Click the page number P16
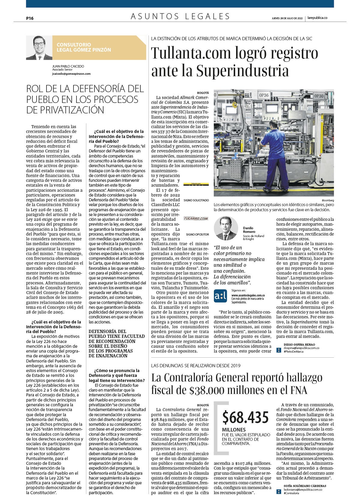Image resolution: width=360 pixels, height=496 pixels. (x=30, y=18)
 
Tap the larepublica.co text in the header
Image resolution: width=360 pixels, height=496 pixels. (x=317, y=18)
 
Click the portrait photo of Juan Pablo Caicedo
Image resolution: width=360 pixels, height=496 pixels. (x=39, y=48)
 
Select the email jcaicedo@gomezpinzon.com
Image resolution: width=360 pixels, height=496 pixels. (x=71, y=74)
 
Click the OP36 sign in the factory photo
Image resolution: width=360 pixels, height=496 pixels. (x=264, y=95)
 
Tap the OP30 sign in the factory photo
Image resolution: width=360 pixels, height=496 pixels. (x=319, y=96)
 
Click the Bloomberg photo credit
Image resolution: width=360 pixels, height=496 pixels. (x=328, y=200)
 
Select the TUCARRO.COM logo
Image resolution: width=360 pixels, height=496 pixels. (x=196, y=218)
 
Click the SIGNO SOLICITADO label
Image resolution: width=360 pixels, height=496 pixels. (x=196, y=200)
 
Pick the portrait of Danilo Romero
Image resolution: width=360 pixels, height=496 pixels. (x=226, y=228)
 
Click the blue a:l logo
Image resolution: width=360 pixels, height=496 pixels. (x=220, y=295)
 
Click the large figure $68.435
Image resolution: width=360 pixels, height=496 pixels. (x=245, y=417)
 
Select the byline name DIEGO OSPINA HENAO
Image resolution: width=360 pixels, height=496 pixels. (x=299, y=344)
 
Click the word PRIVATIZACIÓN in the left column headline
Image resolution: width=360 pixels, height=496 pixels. (x=65, y=110)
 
